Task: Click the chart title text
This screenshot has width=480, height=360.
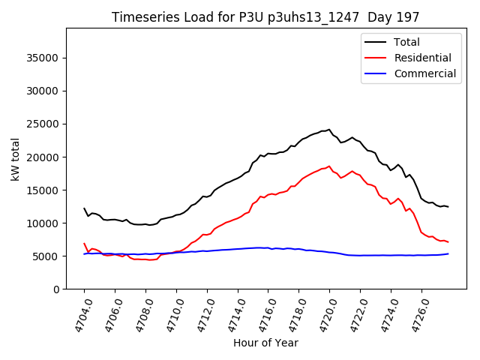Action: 265,17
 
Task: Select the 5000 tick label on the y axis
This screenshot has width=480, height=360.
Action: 46,256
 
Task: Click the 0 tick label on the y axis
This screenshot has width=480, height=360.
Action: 56,289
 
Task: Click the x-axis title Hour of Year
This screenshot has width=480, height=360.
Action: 265,343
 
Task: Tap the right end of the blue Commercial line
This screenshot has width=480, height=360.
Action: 448,253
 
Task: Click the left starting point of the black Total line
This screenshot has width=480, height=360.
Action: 84,208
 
